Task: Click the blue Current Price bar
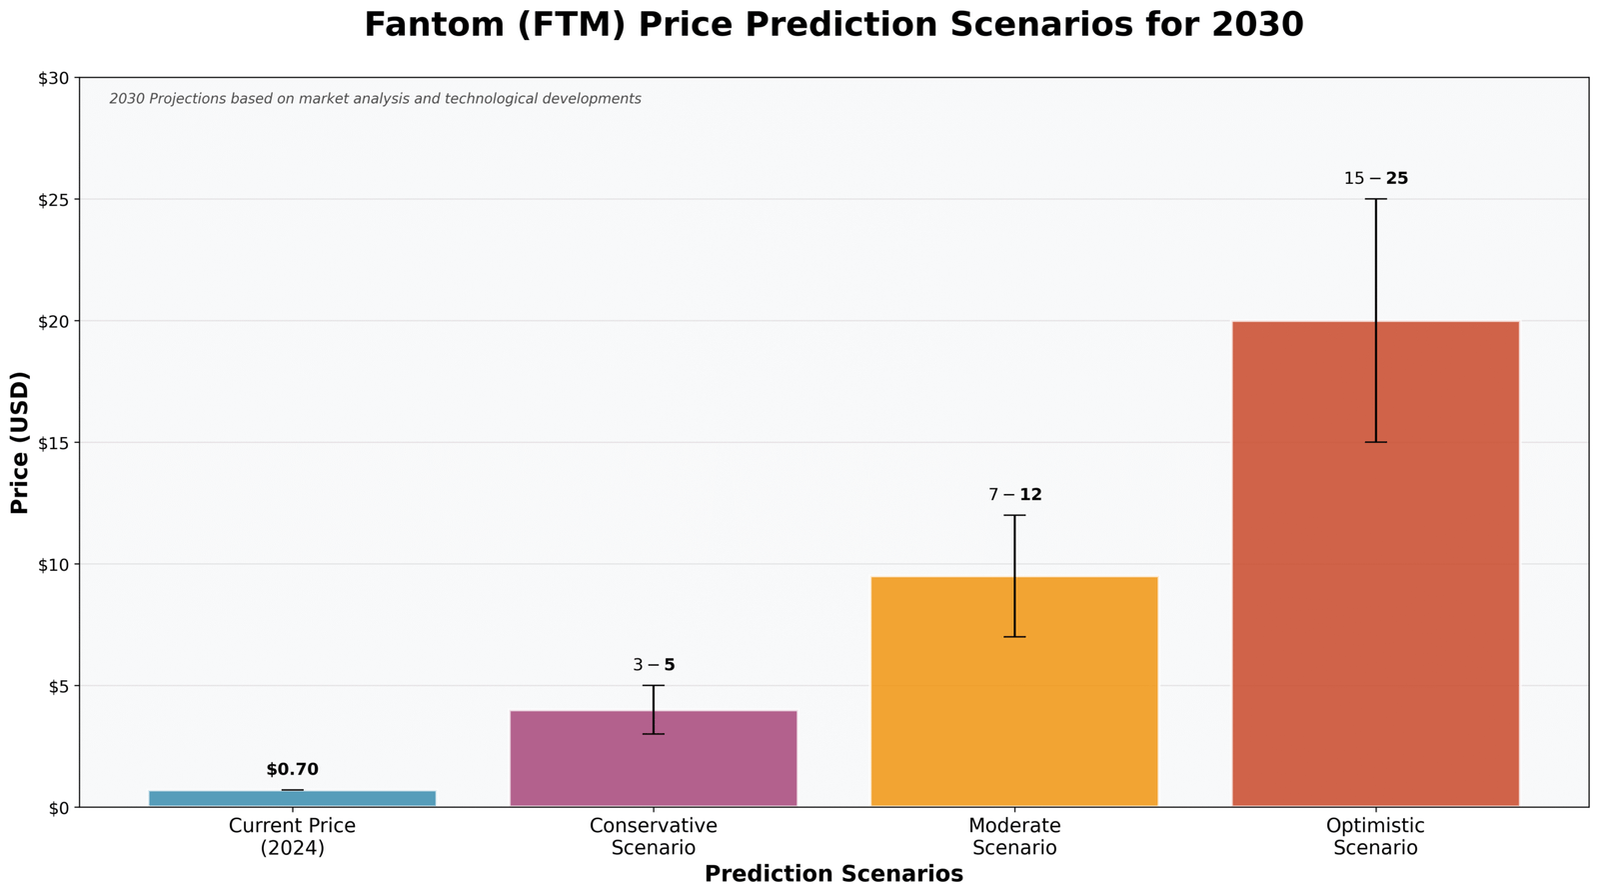[x=292, y=798]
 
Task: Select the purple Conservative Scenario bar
[x=653, y=760]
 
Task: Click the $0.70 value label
[x=292, y=769]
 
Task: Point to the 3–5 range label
[x=653, y=665]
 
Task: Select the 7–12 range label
[x=1014, y=495]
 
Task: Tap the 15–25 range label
[x=1375, y=179]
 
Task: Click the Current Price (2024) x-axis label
[x=292, y=837]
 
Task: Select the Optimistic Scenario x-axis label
[x=1375, y=837]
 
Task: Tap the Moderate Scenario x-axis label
[x=1014, y=837]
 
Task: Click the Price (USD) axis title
[x=20, y=442]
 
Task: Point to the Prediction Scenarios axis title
[x=833, y=874]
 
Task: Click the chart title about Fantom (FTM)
[x=833, y=25]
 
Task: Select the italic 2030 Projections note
[x=375, y=99]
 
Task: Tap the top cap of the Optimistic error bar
[x=1375, y=199]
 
